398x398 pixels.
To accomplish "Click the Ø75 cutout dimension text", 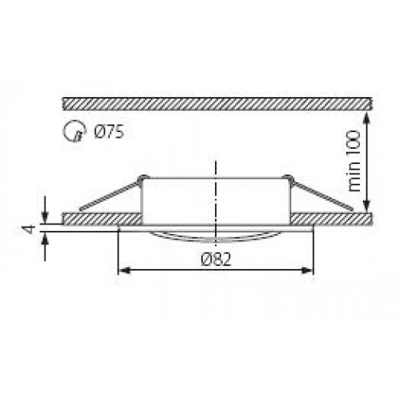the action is pos(109,132).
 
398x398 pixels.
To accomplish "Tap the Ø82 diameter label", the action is pos(217,259).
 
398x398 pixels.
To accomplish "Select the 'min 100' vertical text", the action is pos(354,161).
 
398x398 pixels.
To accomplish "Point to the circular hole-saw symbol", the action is pos(75,131).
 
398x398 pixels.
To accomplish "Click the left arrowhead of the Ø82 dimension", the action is pos(124,271).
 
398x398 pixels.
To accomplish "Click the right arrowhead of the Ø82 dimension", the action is pos(307,271).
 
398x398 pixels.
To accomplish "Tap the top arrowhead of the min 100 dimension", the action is pos(366,119).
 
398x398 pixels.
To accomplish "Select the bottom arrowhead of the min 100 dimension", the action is pos(366,206).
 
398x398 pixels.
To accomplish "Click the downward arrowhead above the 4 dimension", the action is pos(45,217).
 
